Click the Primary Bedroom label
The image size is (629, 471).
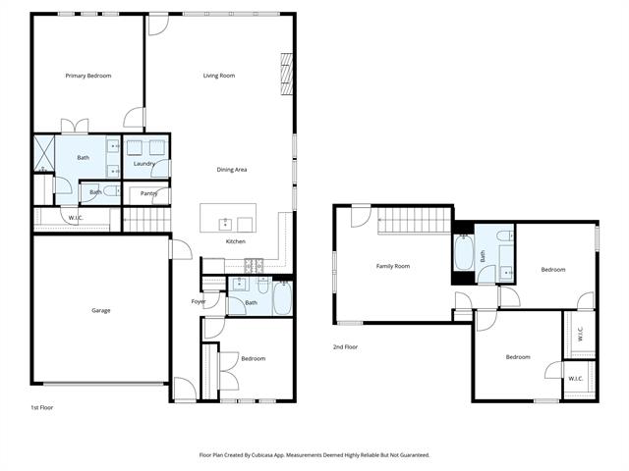pos(88,76)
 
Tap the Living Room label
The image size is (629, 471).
pos(219,76)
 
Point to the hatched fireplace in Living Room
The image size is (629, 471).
pos(286,75)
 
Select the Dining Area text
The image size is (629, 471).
pos(232,170)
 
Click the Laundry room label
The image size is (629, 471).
pos(144,164)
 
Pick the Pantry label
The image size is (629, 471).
pos(148,193)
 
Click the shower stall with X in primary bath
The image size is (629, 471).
pos(43,153)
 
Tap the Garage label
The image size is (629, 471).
pos(100,310)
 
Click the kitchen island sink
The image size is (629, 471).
pos(225,225)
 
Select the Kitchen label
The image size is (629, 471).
pos(236,241)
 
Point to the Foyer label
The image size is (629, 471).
pos(199,301)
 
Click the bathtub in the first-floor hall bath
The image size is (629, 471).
pos(282,298)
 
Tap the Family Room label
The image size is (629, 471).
pos(393,266)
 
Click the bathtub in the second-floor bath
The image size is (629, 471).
pos(464,252)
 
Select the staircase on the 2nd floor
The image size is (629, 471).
pos(415,220)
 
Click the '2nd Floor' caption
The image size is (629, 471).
pos(345,346)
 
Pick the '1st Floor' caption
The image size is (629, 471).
pos(42,407)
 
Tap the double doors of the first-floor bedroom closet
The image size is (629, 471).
pos(229,371)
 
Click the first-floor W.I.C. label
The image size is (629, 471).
pos(76,218)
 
